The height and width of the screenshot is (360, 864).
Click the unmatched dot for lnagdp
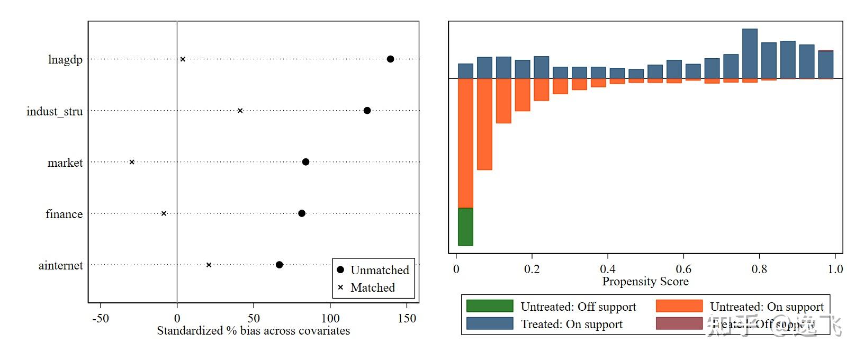390,59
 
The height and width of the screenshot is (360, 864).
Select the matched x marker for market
132,162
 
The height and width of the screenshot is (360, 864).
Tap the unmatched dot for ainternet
280,265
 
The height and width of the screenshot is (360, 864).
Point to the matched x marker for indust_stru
240,111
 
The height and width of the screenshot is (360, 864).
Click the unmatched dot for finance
302,213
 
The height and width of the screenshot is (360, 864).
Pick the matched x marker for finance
164,213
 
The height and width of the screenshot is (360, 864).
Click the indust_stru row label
55,111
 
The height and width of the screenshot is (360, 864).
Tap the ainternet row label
60,265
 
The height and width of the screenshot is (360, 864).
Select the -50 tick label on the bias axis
100,318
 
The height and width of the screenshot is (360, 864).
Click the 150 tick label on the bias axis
407,318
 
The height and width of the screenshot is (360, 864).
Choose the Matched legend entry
372,287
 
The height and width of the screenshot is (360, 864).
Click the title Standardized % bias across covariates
253,331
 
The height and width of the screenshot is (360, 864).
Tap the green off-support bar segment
465,227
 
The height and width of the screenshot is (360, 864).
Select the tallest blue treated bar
750,53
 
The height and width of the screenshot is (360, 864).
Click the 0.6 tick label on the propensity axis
683,269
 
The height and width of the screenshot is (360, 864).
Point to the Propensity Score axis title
645,282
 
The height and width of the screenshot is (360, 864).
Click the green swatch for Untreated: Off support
490,306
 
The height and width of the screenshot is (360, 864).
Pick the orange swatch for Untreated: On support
679,306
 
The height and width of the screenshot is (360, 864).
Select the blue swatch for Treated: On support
490,323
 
